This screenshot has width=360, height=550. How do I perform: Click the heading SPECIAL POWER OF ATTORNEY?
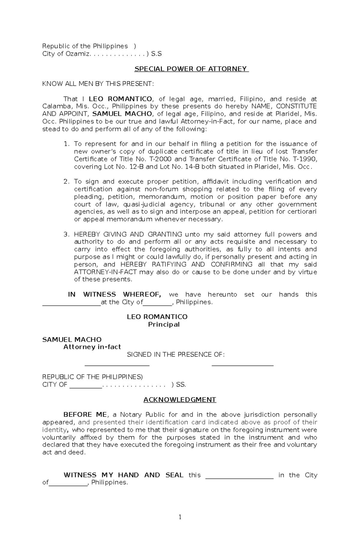[191, 69]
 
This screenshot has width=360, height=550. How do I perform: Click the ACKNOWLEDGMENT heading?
[180, 400]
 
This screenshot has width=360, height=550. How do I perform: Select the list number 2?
[66, 182]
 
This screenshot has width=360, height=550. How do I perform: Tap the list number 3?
[66, 234]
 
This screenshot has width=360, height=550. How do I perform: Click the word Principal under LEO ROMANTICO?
[164, 325]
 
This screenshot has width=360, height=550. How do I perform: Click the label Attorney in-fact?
[92, 347]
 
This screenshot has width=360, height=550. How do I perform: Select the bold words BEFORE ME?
[85, 415]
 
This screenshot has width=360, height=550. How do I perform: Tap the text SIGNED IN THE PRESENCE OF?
[176, 355]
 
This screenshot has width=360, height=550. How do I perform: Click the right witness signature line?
[242, 365]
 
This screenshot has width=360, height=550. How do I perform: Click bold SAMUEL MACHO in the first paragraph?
[122, 114]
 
